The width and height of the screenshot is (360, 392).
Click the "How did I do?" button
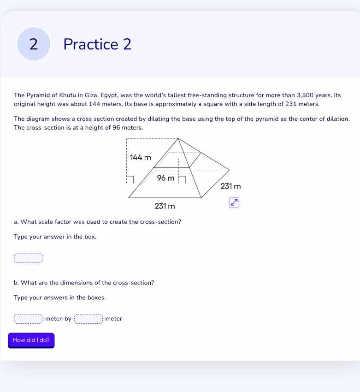(31, 340)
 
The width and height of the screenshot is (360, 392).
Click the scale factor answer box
(28, 258)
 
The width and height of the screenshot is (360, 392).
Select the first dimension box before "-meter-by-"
(28, 319)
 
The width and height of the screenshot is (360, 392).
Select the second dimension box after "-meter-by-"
(89, 319)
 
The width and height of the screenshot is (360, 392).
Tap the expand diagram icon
(234, 202)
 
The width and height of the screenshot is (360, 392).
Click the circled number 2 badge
(34, 44)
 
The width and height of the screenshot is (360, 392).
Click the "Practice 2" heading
(97, 44)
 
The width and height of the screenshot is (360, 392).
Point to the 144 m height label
(141, 158)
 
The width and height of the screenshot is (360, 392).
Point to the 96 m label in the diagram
(165, 178)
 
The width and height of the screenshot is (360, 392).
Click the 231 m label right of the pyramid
(230, 186)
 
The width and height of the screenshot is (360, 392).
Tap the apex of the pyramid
(177, 138)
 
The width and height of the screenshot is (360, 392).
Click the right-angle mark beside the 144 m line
(130, 179)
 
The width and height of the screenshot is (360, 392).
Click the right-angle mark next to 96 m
(182, 179)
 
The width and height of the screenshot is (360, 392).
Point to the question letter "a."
(17, 222)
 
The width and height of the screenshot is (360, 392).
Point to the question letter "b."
(17, 283)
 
